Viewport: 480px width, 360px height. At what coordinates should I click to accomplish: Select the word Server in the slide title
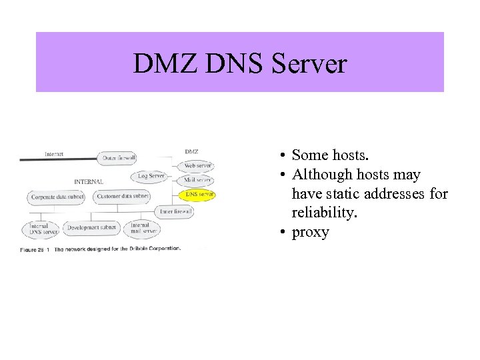tap(313, 64)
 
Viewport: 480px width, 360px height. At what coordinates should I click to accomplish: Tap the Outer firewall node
tap(119, 158)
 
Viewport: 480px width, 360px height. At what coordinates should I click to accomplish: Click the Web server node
tap(197, 165)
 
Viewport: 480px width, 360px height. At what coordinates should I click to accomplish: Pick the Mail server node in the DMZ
tap(197, 180)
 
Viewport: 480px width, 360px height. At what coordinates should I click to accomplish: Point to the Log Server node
tap(151, 176)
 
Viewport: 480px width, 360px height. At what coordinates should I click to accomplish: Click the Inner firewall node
tap(175, 212)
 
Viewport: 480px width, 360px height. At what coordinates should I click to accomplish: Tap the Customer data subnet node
tap(122, 197)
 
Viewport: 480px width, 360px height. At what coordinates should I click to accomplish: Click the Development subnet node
tap(91, 228)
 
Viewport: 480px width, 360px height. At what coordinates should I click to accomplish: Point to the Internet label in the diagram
tap(54, 154)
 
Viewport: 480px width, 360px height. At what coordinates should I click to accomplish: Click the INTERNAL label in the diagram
tap(89, 181)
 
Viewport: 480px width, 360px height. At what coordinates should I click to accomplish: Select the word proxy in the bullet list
tap(310, 232)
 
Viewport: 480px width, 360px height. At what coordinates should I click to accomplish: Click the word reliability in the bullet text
tap(320, 213)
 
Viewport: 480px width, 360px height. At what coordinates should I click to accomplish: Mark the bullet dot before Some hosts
tap(283, 156)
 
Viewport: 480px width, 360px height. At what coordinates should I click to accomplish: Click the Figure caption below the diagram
tap(100, 249)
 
